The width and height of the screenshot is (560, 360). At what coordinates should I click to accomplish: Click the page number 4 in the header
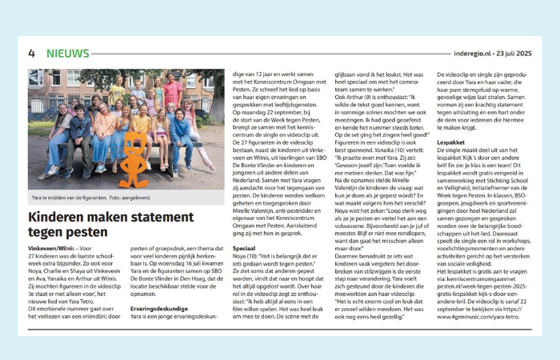[x=32, y=54]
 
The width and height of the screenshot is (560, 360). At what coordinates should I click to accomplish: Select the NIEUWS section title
[x=68, y=54]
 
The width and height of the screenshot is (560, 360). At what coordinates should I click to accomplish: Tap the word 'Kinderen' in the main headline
[x=58, y=217]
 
